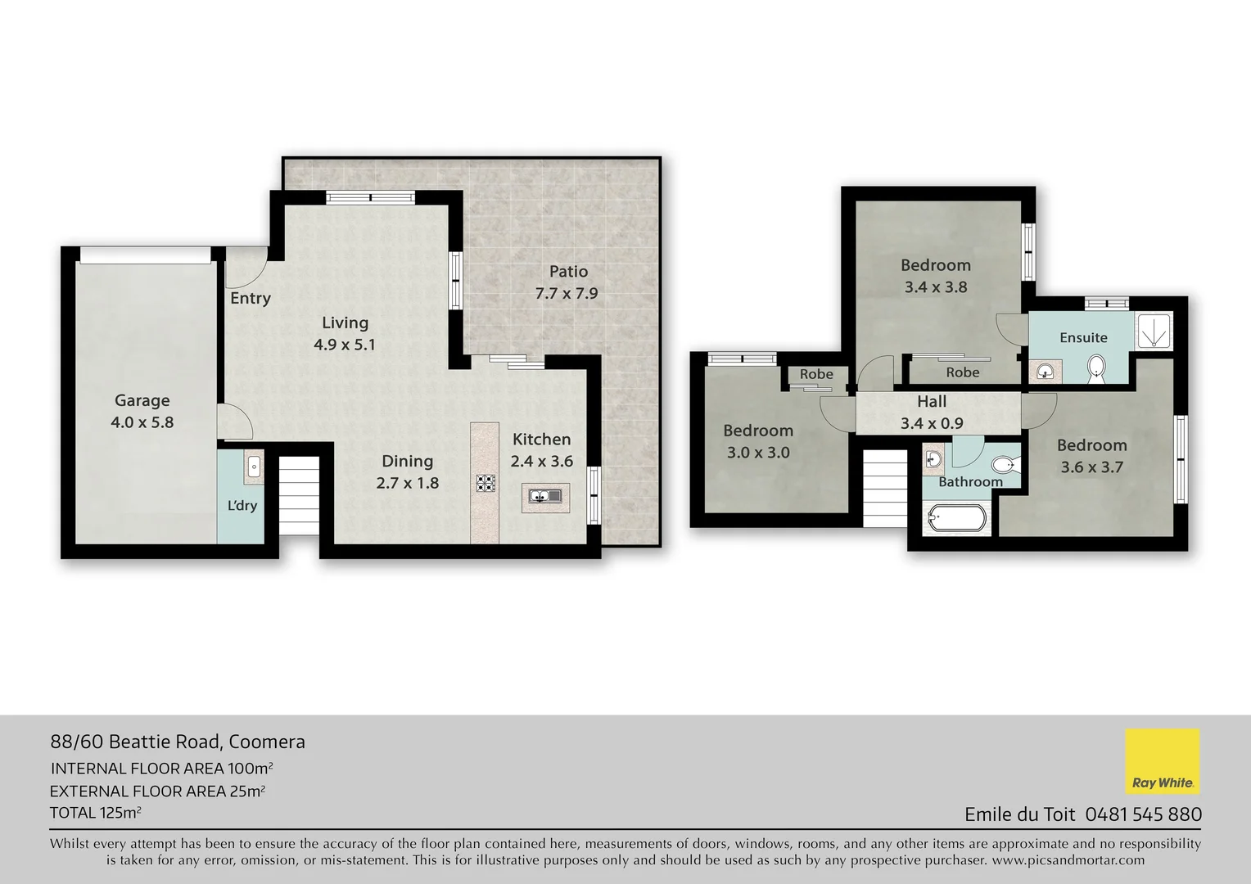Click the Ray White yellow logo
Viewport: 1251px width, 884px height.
point(1162,761)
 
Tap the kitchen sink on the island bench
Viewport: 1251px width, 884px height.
point(542,496)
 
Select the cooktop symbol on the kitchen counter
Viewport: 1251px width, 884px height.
point(486,483)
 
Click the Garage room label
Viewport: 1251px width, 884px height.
point(142,400)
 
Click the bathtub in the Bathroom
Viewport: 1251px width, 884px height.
point(955,518)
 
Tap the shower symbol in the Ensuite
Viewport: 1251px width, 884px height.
point(1154,331)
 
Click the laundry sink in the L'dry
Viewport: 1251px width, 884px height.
point(253,467)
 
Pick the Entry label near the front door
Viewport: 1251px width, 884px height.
point(250,298)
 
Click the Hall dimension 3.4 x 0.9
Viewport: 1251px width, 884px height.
point(932,423)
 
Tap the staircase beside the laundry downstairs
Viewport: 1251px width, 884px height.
point(298,496)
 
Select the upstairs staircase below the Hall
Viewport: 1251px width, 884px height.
point(885,488)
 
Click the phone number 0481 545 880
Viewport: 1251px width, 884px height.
point(1143,814)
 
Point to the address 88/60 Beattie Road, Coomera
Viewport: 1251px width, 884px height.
point(178,742)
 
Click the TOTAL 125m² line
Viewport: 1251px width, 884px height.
point(96,813)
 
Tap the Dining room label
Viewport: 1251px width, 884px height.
point(407,461)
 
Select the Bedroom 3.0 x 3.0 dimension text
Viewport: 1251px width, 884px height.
point(757,452)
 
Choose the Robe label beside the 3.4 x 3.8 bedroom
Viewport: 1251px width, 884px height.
point(962,372)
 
